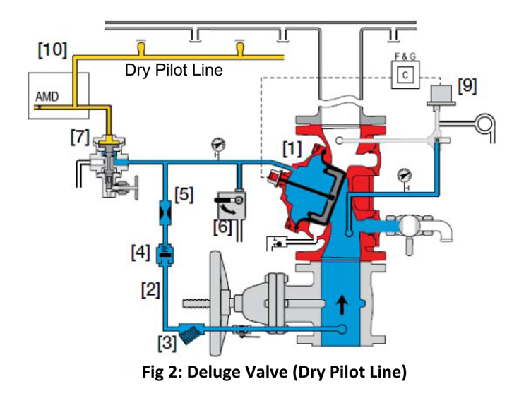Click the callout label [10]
coord(52,49)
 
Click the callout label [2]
coord(149,288)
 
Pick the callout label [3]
coord(166,342)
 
